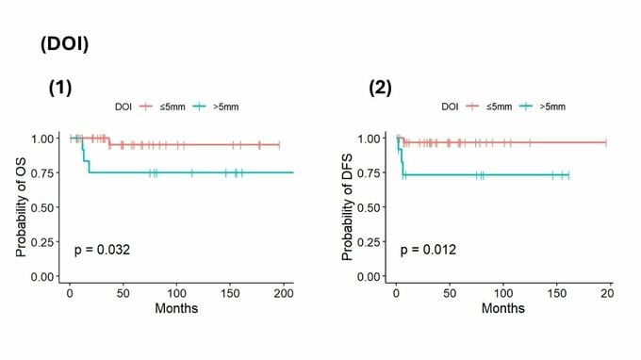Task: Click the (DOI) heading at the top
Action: (x=65, y=44)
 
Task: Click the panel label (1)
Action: (x=60, y=88)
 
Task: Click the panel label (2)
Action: (x=380, y=88)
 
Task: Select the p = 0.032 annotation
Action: (x=102, y=250)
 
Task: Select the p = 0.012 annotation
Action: (x=428, y=250)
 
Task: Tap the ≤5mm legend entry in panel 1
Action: (x=162, y=107)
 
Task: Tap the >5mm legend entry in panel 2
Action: (x=542, y=106)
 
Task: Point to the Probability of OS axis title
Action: (x=21, y=207)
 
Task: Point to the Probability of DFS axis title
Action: (x=347, y=207)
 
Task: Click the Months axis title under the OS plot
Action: (x=176, y=308)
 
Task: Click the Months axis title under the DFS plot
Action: (x=502, y=308)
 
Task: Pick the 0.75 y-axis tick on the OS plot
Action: (x=42, y=173)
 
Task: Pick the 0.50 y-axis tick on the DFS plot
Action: (x=369, y=207)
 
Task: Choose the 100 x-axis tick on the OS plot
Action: (x=176, y=293)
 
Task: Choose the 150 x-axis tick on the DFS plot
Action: (x=557, y=293)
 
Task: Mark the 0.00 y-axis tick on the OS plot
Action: (x=42, y=277)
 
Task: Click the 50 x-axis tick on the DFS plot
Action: (x=450, y=293)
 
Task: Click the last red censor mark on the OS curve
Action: (x=279, y=144)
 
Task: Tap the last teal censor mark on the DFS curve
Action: (x=568, y=175)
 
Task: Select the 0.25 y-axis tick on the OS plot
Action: (x=42, y=242)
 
